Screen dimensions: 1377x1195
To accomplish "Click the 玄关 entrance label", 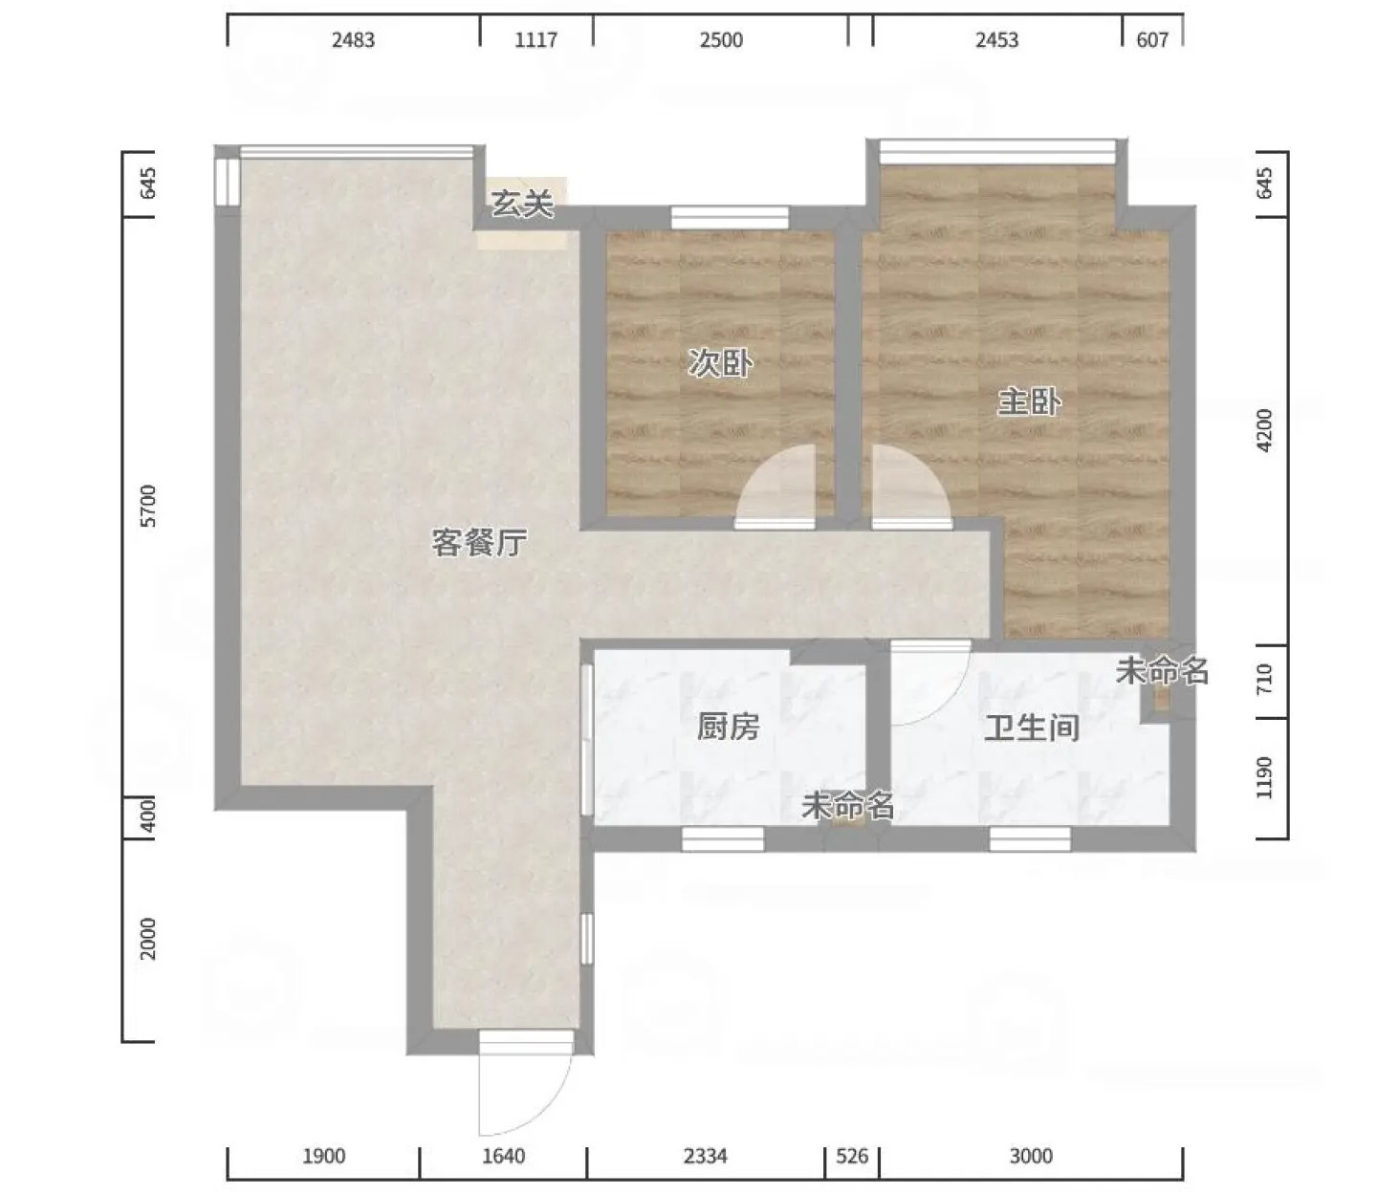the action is click(x=521, y=204).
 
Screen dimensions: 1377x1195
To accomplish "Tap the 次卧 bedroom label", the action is click(x=719, y=363).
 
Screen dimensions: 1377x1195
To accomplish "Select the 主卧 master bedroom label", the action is click(x=1029, y=402).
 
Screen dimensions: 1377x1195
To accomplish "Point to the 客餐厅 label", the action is click(x=478, y=542).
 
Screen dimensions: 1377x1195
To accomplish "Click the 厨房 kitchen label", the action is click(x=729, y=727).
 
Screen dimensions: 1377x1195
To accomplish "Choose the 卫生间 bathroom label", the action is click(x=1032, y=728).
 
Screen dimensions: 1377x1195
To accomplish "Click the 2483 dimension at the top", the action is click(x=354, y=40).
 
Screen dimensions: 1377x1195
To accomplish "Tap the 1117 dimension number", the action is click(x=535, y=40).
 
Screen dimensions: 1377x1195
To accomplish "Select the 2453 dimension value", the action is click(x=996, y=40).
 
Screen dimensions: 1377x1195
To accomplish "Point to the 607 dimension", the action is click(x=1152, y=40).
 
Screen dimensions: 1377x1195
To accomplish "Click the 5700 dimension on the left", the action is click(x=146, y=506).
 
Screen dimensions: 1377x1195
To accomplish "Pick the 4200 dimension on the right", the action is click(x=1264, y=430).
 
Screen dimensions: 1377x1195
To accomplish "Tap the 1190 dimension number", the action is click(x=1264, y=777).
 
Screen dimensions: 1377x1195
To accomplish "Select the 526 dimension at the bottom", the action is click(x=852, y=1156).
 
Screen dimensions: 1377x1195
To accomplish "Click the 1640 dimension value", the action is click(x=503, y=1156).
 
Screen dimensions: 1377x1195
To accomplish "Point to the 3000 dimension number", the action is click(x=1031, y=1156).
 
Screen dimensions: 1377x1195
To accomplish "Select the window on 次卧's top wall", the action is click(x=730, y=217).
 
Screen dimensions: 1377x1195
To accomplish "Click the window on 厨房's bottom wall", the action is click(x=723, y=839).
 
